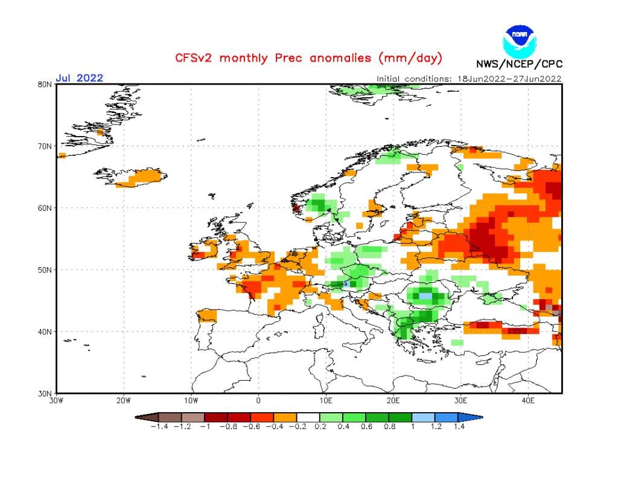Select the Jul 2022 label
79,77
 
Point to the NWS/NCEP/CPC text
519,64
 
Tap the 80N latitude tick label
44,85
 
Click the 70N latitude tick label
44,146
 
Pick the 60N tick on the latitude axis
44,208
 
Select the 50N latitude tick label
44,270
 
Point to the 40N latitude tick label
44,331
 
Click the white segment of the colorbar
308,417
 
